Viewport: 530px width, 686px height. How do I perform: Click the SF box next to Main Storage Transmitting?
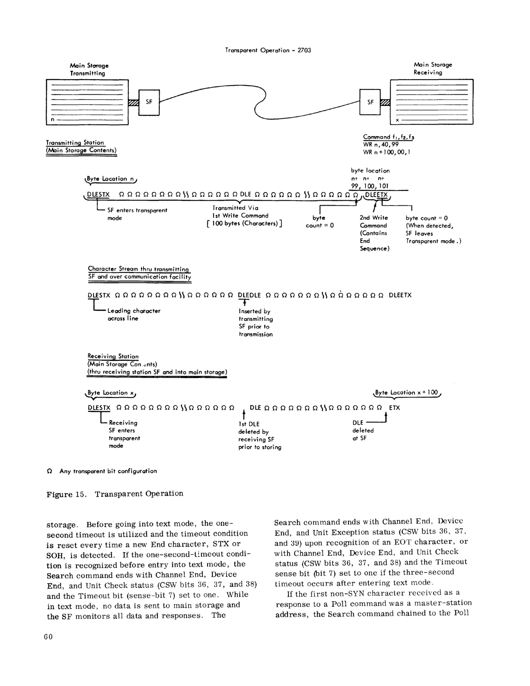(x=149, y=102)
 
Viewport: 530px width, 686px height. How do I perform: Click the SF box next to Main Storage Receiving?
(x=370, y=102)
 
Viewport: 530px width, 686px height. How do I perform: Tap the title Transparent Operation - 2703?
(x=268, y=50)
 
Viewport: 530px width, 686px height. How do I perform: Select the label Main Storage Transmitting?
(x=89, y=70)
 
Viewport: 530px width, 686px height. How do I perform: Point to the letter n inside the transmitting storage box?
(x=53, y=120)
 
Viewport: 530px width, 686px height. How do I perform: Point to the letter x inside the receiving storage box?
(x=397, y=120)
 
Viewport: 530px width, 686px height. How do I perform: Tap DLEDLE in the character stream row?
(x=249, y=295)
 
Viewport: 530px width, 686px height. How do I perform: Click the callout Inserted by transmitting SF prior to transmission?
(x=255, y=323)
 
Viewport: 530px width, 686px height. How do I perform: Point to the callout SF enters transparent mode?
(x=137, y=214)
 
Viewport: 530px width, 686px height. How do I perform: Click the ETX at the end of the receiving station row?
(x=394, y=408)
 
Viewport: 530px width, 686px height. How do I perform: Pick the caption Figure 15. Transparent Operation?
(x=115, y=494)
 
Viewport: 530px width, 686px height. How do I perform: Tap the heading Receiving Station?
(x=113, y=357)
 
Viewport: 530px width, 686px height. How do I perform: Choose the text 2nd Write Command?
(x=373, y=221)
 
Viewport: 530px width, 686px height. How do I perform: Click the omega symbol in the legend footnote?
(x=49, y=471)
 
